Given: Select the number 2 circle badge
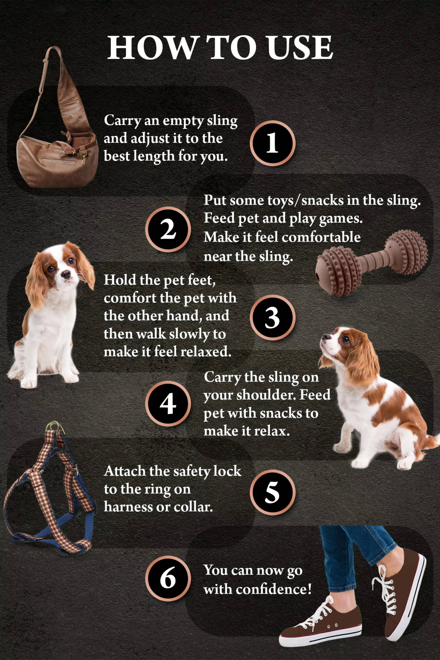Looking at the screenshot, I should click(168, 229).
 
